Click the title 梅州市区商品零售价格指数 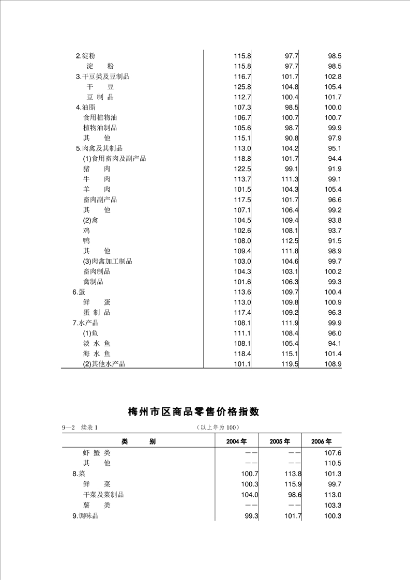tap(193, 412)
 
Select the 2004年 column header tap(236, 441)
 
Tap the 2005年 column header tap(279, 441)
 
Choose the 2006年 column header tap(321, 441)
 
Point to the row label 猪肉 tap(97, 169)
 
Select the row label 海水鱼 tap(97, 354)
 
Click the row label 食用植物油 tap(100, 118)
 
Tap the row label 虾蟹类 tap(97, 453)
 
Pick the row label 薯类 tap(97, 505)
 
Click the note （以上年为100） tap(217, 427)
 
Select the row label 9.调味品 tap(85, 516)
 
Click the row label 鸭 tap(86, 241)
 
